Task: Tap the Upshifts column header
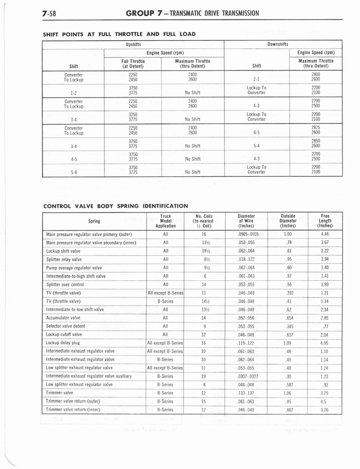133,44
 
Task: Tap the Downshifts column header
278,44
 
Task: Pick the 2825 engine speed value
316,128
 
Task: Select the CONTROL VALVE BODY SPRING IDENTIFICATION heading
116,206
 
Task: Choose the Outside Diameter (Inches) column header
288,221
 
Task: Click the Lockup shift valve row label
64,251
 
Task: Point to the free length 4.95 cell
325,343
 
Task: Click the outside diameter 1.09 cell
288,343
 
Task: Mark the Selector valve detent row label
66,326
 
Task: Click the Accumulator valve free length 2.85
325,318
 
